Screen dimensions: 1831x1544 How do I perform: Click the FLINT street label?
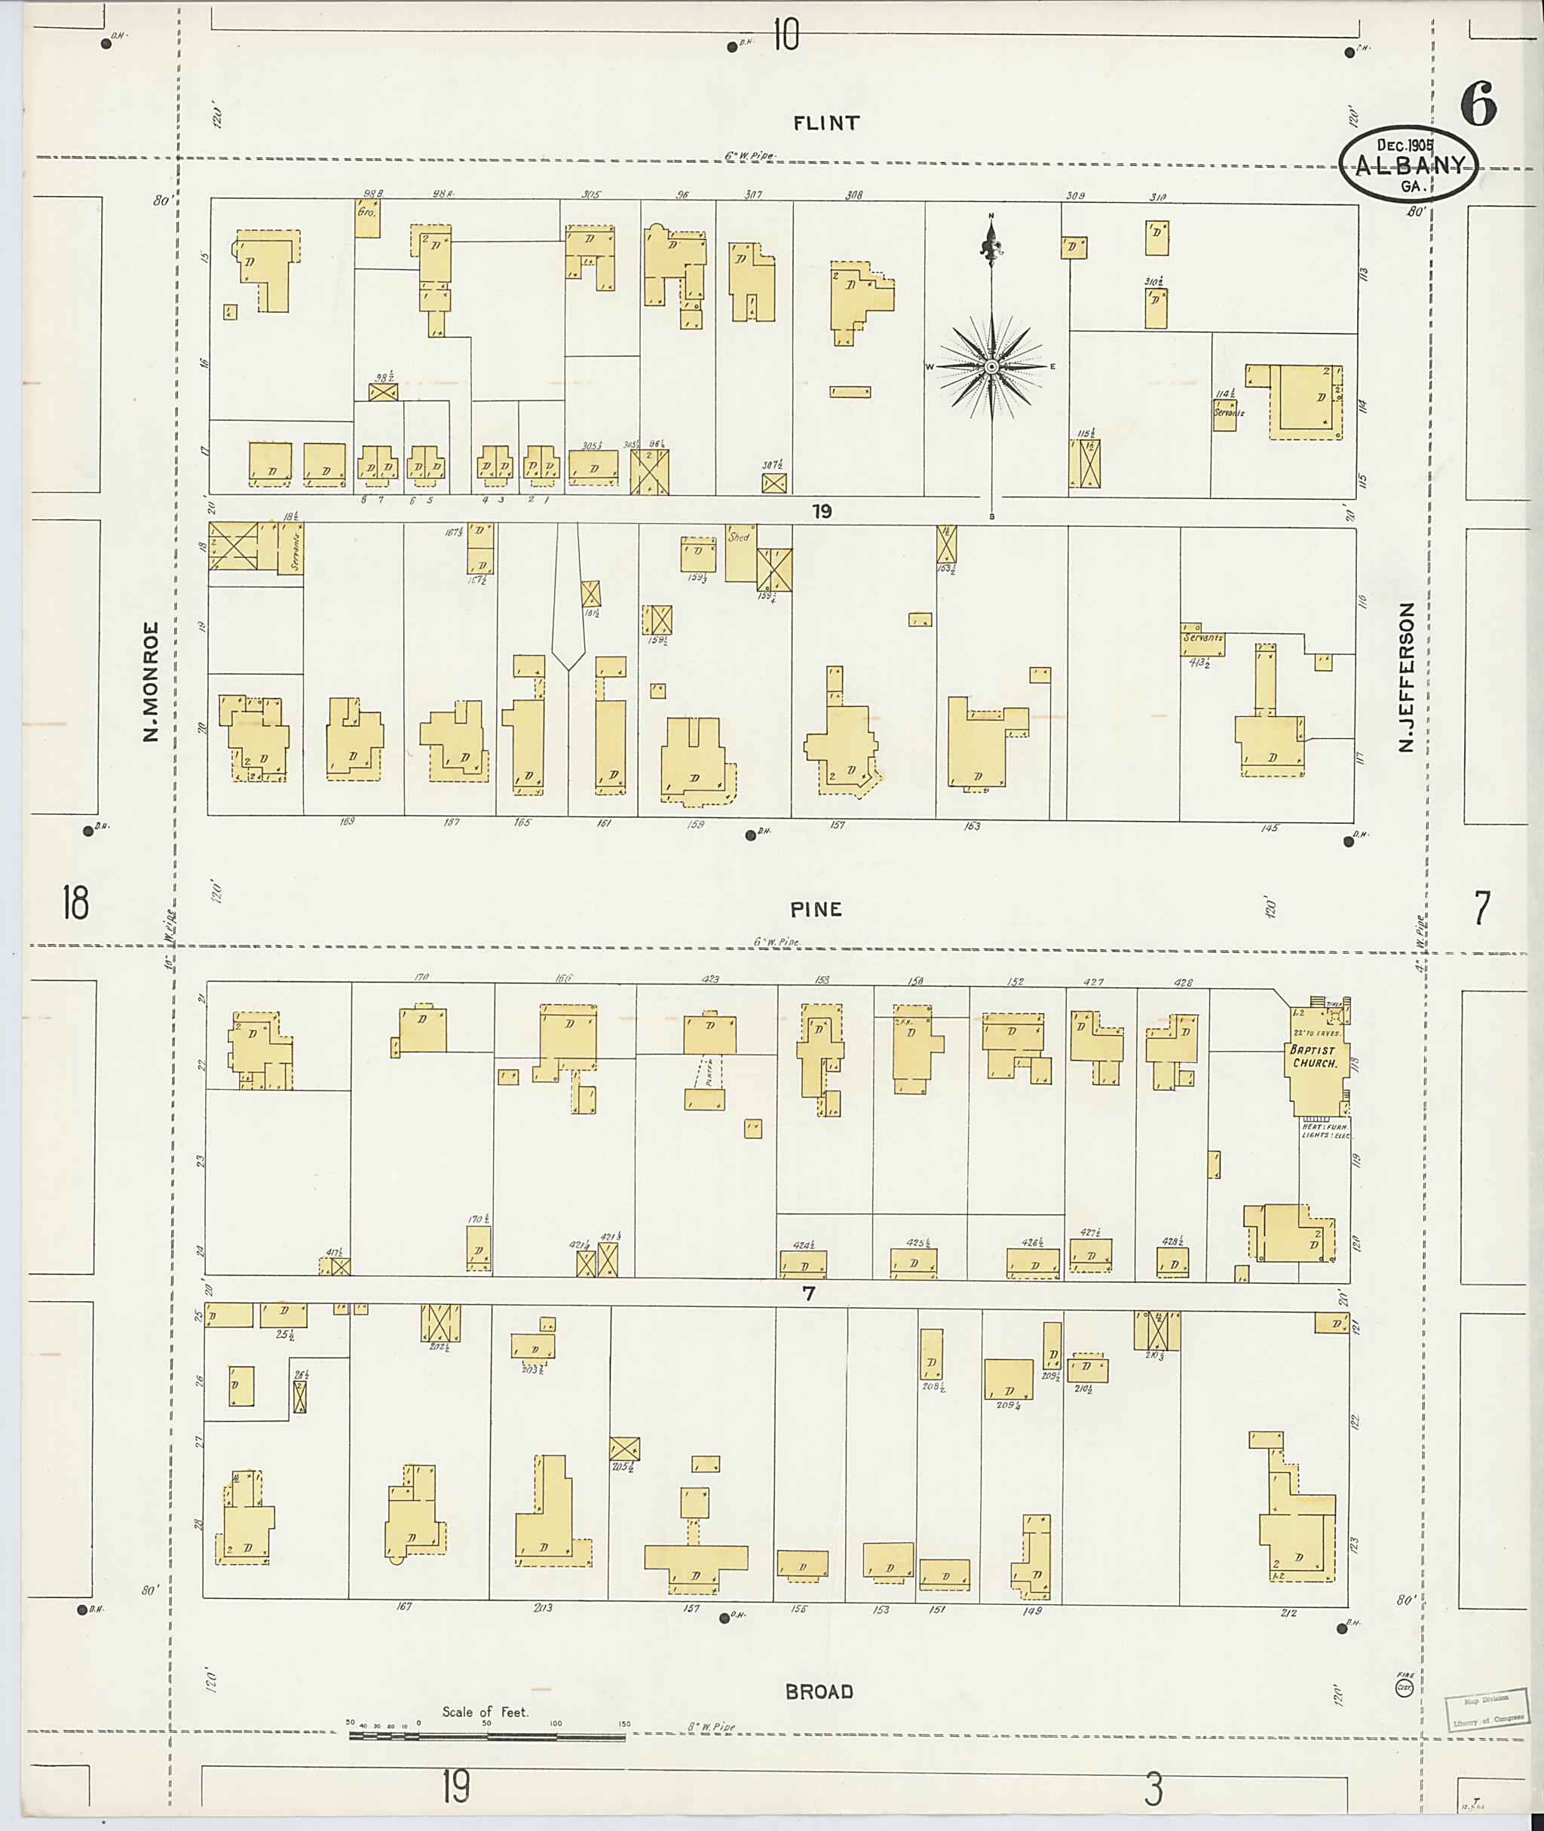pos(826,124)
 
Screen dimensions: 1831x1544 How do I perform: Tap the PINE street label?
pos(816,909)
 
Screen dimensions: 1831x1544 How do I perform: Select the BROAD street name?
pos(819,1692)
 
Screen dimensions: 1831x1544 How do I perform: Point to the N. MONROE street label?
pos(152,681)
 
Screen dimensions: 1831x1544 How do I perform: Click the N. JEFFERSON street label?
pos(1406,678)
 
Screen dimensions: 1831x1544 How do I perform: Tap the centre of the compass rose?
pos(991,366)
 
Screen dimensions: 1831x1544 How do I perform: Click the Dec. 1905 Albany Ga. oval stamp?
pos(1409,164)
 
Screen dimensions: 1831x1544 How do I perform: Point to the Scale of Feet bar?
pos(487,1735)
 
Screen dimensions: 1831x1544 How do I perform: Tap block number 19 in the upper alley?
pos(820,512)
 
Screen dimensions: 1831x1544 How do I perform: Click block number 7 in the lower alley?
pos(808,1293)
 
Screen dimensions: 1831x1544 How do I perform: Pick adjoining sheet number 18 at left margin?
pos(75,902)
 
